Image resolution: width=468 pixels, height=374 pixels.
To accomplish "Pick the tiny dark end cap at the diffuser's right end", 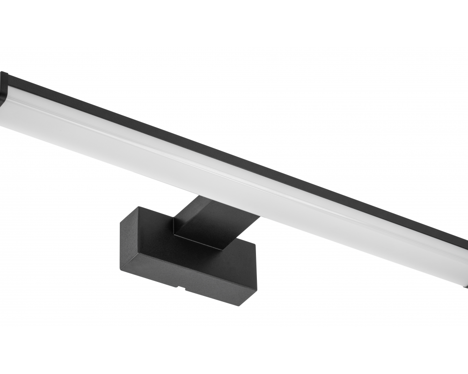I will point(466,283).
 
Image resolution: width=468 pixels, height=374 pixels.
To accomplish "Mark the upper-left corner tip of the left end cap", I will point(2,72).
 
